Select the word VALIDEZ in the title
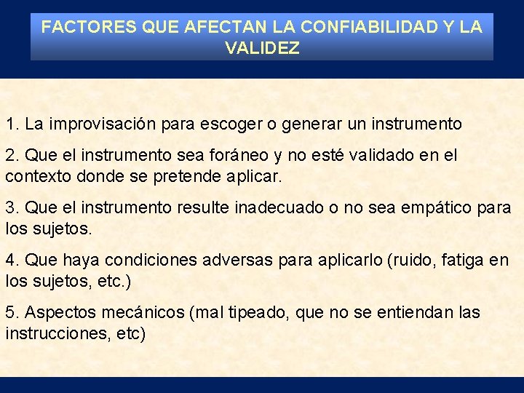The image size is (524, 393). coord(262,49)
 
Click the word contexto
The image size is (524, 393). coord(35,177)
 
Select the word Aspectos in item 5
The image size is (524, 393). coord(58,313)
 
